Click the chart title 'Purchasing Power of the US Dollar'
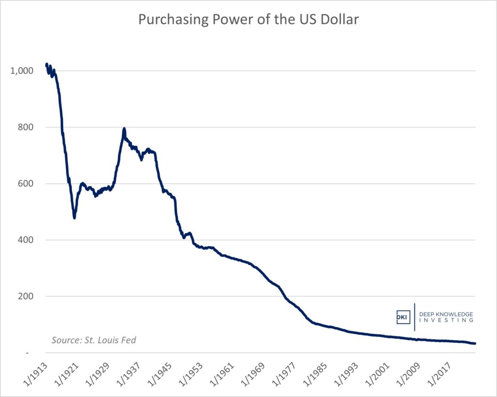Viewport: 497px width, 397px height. pyautogui.click(x=248, y=20)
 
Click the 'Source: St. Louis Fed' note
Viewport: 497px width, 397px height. pyautogui.click(x=94, y=340)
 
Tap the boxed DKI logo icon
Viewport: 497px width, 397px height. pyautogui.click(x=403, y=317)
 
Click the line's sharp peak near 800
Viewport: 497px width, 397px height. pyautogui.click(x=124, y=129)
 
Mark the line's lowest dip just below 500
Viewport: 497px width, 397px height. pyautogui.click(x=74, y=217)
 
